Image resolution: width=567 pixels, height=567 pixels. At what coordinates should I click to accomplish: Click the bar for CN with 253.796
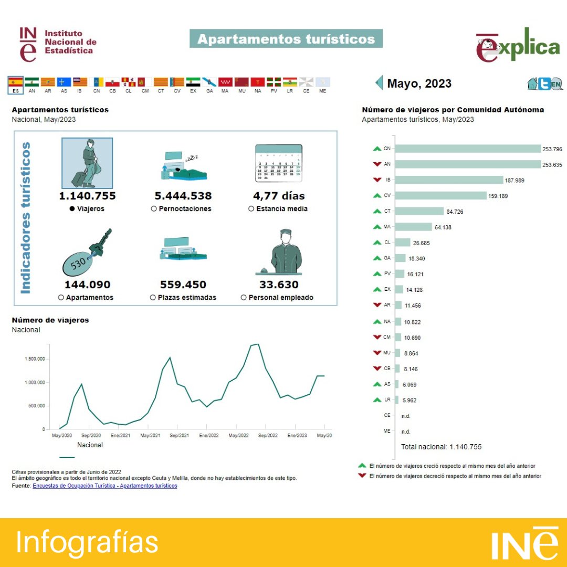tap(467, 149)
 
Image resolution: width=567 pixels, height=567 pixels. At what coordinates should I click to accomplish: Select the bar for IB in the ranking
tap(449, 180)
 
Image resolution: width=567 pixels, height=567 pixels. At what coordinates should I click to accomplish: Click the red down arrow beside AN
tap(376, 164)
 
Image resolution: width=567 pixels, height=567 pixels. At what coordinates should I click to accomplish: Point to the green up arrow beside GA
tap(376, 258)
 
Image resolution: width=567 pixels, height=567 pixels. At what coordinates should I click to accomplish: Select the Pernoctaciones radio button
tap(154, 208)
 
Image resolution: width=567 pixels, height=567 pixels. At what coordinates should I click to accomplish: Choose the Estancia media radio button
tap(251, 208)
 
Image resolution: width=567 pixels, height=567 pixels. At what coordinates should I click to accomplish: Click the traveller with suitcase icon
tap(87, 163)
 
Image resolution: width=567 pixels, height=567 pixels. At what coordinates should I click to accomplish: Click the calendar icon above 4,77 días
tap(278, 163)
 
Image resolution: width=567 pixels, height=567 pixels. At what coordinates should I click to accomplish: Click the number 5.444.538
tap(183, 196)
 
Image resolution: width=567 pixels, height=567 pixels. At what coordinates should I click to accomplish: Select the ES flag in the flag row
tap(16, 82)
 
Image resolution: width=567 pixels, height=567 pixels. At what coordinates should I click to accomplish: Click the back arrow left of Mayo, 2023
tap(379, 83)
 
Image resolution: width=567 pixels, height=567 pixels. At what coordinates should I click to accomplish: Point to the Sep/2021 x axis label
tap(179, 436)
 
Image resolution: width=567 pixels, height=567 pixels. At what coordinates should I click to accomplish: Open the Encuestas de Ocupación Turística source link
tap(104, 486)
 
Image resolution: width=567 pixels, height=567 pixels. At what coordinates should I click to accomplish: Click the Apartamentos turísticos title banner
tap(286, 39)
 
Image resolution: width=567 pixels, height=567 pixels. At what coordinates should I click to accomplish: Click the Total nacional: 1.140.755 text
tap(441, 447)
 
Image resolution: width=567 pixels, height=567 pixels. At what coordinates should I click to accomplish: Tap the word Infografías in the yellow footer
tap(87, 542)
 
